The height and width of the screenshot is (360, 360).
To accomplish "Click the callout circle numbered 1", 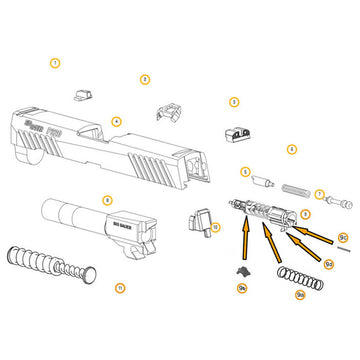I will click(x=55, y=62).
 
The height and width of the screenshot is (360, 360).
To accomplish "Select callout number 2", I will click(x=145, y=78).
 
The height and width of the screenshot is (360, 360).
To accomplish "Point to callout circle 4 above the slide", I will click(x=117, y=121).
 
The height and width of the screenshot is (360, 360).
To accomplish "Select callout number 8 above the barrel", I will click(x=107, y=200).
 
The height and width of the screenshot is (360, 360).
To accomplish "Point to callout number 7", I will click(x=320, y=194).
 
